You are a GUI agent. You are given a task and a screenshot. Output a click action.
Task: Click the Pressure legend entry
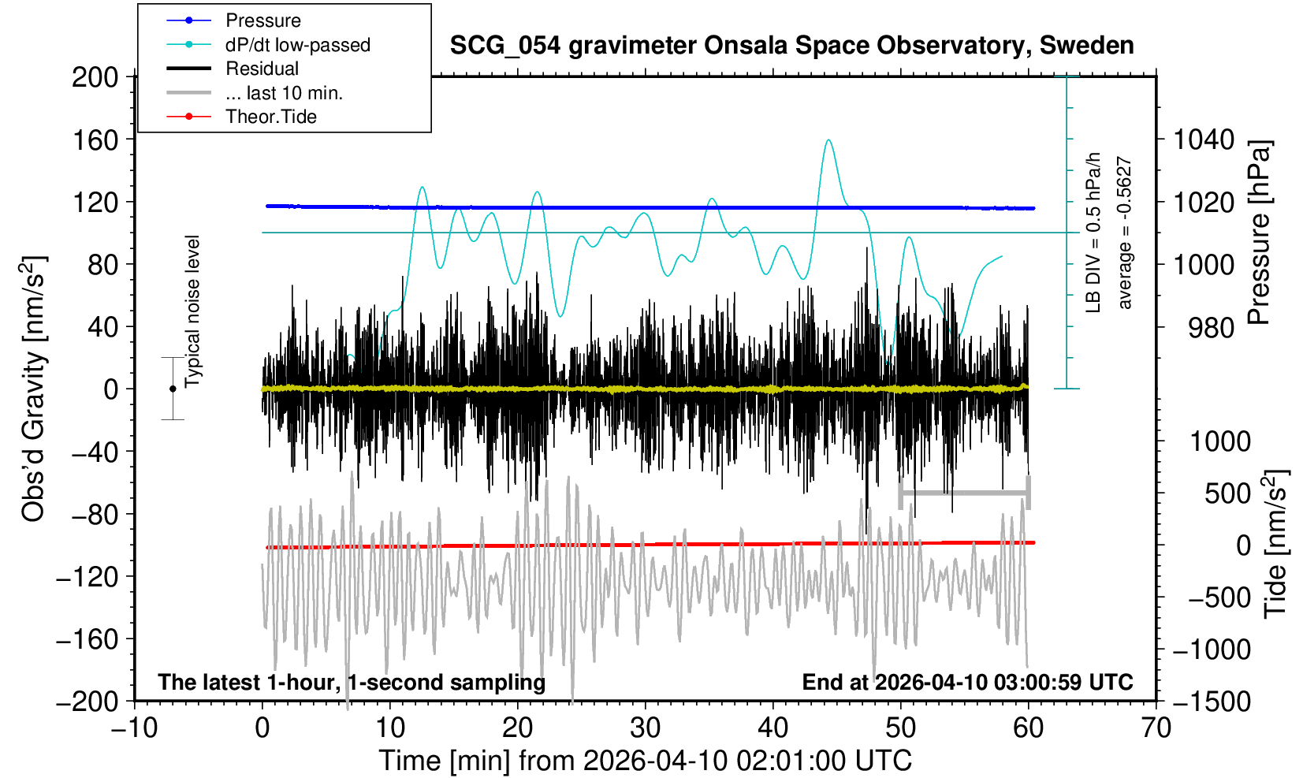tap(262, 20)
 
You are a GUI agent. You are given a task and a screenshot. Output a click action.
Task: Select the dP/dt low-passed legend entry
tap(297, 45)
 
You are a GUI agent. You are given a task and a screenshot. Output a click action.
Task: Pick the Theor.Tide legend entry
tap(270, 117)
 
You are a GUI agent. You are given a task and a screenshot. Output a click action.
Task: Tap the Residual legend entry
tap(262, 69)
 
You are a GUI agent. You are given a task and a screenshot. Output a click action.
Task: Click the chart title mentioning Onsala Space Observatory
tap(791, 46)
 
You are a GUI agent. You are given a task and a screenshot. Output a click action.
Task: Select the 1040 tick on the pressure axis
tap(1204, 140)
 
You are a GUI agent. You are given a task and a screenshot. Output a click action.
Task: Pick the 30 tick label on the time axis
tap(645, 727)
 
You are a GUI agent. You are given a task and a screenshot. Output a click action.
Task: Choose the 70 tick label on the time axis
tap(1156, 727)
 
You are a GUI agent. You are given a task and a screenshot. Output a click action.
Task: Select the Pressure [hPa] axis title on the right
tap(1259, 233)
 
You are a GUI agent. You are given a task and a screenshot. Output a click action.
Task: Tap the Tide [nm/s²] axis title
tap(1275, 544)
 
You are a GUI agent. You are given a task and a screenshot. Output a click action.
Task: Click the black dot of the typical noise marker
tap(173, 389)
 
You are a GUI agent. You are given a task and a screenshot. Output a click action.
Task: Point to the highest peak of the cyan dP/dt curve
tap(828, 140)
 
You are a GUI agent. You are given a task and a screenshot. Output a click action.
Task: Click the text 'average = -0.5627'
tap(1125, 233)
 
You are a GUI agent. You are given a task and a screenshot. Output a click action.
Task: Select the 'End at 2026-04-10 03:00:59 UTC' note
tap(967, 682)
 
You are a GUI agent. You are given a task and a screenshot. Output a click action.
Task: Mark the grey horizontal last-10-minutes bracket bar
tap(964, 493)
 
